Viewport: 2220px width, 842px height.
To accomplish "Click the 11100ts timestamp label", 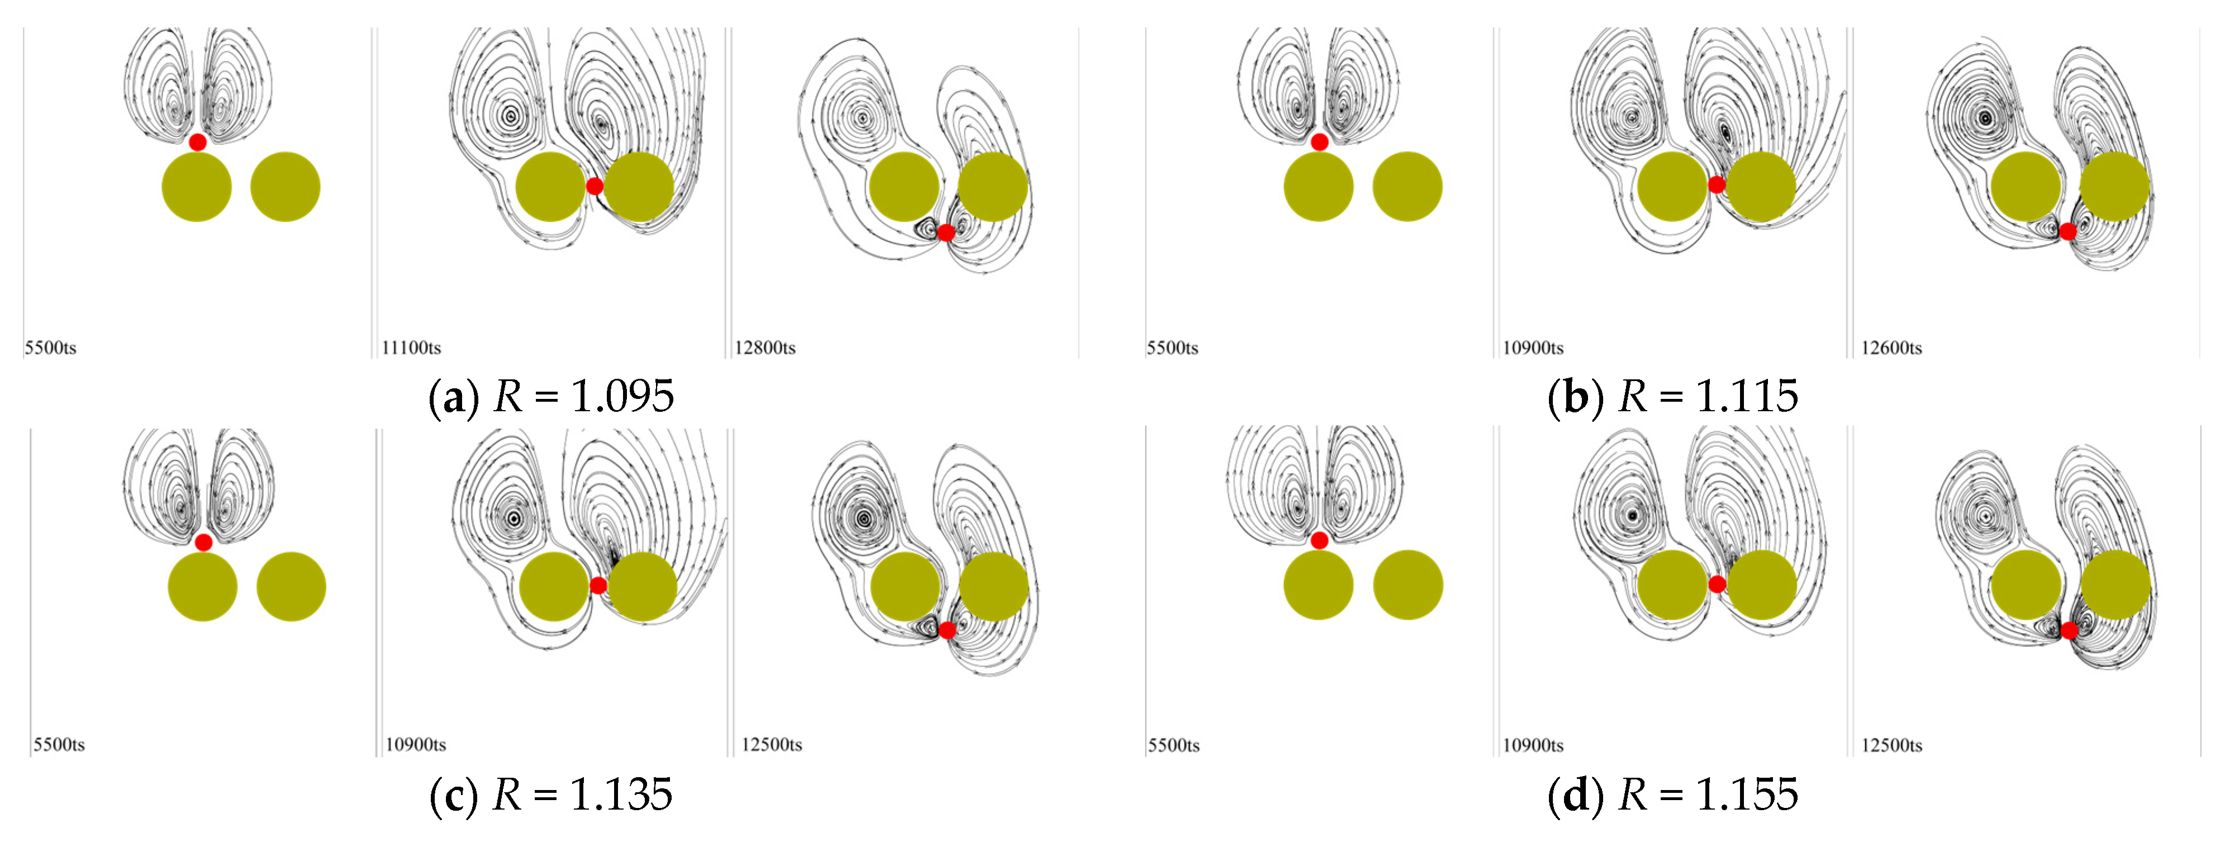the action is pos(411,348).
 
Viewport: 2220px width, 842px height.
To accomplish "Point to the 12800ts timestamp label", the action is pos(764,348).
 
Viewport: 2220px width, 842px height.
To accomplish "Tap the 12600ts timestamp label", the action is pos(1891,348).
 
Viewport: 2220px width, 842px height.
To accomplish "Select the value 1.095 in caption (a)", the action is pos(622,397).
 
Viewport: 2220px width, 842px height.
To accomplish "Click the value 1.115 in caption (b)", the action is pos(1746,397).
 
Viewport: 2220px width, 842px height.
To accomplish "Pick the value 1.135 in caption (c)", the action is pos(620,794).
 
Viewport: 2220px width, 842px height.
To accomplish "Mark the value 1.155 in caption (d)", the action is pos(1746,794).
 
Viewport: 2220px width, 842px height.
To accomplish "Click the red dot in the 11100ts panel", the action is pos(595,186).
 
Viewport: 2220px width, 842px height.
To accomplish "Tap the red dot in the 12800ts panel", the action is pos(946,232).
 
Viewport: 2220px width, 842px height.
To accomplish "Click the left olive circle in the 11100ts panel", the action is pos(550,187).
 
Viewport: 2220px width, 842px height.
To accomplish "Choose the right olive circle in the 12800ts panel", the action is pos(993,187).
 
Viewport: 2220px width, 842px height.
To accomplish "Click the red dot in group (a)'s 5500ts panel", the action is pos(197,142).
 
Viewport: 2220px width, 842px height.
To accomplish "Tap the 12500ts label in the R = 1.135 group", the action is pos(771,745).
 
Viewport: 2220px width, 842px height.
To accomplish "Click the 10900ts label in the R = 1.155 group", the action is pos(1533,745).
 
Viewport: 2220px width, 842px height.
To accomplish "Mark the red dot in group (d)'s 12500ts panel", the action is pos(2069,631).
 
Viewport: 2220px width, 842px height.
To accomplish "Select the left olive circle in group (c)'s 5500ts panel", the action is pos(202,587).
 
